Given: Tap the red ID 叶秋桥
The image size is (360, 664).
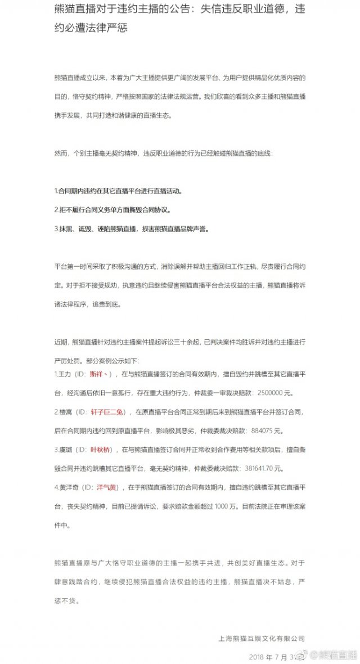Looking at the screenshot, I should pos(101,450).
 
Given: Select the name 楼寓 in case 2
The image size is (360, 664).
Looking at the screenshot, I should pos(64,412).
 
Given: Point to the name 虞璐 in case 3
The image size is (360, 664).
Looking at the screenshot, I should pos(64,450).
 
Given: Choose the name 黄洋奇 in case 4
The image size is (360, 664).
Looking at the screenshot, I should pos(67,489).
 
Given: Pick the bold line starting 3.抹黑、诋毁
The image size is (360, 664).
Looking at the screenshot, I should pos(131,229).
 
